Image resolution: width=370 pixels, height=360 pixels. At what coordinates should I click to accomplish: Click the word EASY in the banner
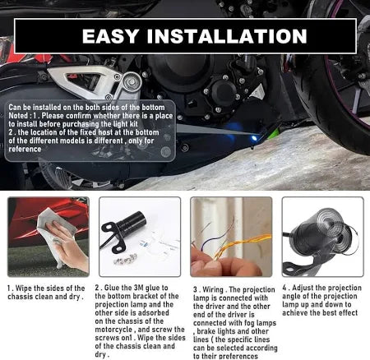pyautogui.click(x=110, y=36)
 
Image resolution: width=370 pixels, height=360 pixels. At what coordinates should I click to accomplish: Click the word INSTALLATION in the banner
pyautogui.click(x=227, y=36)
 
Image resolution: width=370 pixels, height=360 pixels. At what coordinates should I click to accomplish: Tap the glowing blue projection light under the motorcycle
pyautogui.click(x=255, y=138)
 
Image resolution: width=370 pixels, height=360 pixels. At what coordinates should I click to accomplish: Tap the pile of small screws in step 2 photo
pyautogui.click(x=126, y=259)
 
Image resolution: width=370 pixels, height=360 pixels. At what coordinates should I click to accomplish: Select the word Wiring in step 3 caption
pyautogui.click(x=213, y=290)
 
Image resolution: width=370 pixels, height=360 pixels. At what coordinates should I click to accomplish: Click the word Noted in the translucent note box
pyautogui.click(x=18, y=116)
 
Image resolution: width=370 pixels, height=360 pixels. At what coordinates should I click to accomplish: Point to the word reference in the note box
pyautogui.click(x=25, y=150)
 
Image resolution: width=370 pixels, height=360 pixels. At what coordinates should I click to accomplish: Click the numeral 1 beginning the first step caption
pyautogui.click(x=9, y=288)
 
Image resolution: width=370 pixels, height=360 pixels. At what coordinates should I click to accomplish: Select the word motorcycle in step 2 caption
pyautogui.click(x=113, y=330)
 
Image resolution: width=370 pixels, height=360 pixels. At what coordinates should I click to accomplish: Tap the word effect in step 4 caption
pyautogui.click(x=347, y=313)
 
